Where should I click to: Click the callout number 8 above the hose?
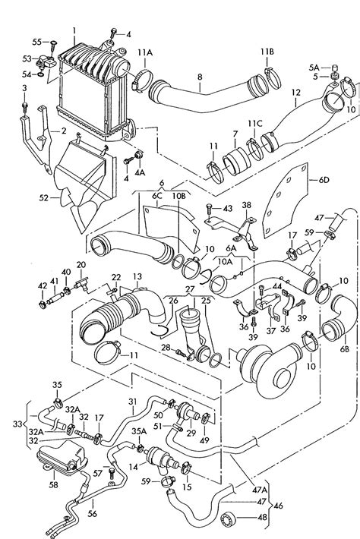point(200,77)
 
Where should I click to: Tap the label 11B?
point(267,52)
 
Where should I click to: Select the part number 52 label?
point(43,197)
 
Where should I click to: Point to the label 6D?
point(324,179)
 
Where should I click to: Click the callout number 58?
point(54,484)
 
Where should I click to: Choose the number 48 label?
point(262,517)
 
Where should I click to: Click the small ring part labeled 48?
point(228,517)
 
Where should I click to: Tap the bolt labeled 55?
point(53,44)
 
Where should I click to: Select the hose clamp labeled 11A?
point(142,81)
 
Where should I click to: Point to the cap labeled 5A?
point(333,67)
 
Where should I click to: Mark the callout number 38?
point(246,205)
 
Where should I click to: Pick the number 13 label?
point(137,276)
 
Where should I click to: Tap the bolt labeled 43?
point(210,209)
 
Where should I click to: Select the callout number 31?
point(133,401)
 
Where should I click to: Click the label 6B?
point(345,348)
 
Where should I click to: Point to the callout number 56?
point(92,513)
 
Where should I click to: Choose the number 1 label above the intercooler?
point(74,31)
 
